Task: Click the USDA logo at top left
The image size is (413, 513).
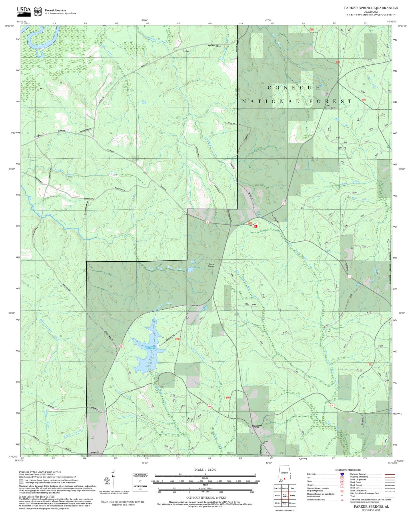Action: click(24, 11)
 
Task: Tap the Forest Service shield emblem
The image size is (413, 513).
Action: click(38, 11)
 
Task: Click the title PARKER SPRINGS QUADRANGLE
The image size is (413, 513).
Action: click(371, 8)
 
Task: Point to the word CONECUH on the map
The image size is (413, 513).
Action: click(294, 88)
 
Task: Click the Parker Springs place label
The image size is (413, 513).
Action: click(211, 265)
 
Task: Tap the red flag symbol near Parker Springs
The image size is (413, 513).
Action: click(256, 226)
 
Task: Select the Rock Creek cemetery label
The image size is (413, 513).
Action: click(257, 426)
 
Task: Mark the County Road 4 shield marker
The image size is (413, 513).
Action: click(207, 222)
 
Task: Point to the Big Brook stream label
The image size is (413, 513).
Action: click(128, 416)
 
